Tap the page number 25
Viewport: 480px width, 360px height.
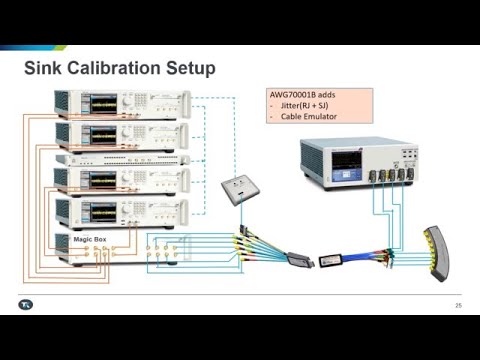point(458,305)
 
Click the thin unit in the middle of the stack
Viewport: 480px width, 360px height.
point(120,158)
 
